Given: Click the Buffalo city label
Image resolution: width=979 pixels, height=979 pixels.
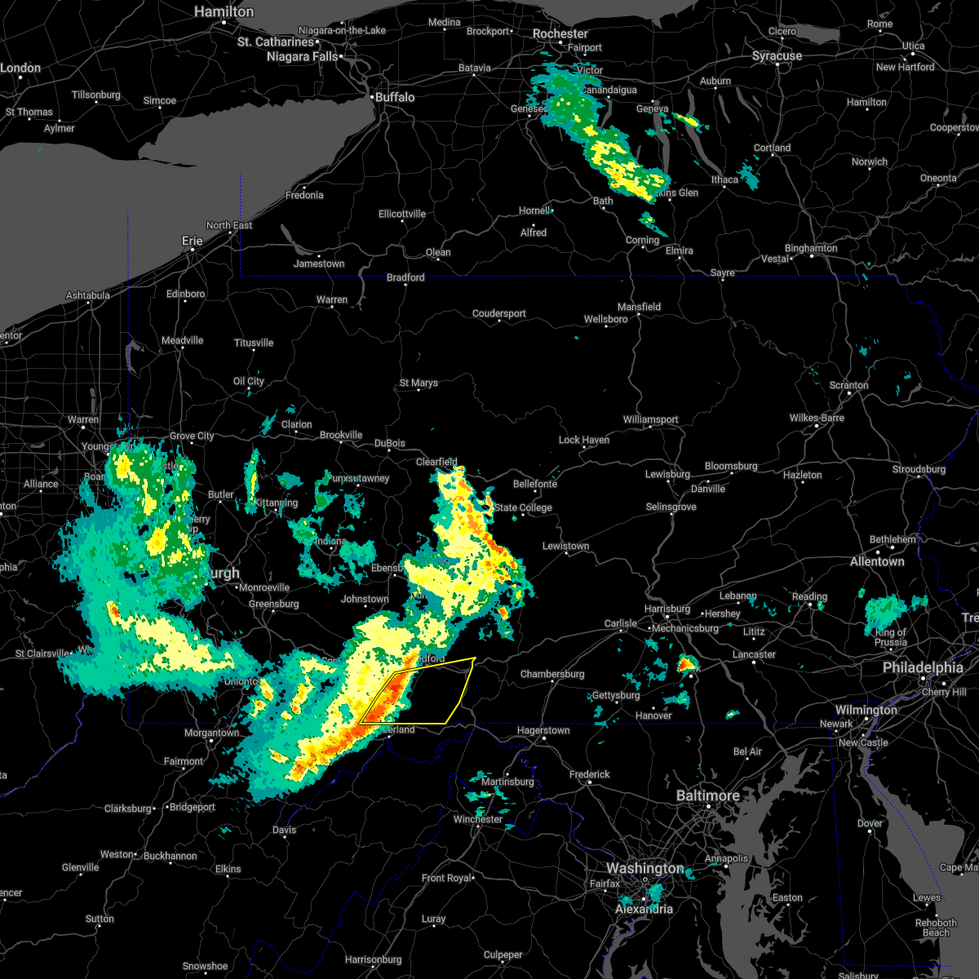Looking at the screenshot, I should pos(395,97).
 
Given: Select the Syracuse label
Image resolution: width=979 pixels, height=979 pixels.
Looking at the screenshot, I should pos(777,56).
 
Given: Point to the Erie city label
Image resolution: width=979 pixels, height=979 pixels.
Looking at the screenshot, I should pos(192,241).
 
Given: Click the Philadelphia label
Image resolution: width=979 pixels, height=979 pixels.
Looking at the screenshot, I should pos(923,667).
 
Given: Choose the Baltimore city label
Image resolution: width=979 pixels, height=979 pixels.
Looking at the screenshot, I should pos(707,795).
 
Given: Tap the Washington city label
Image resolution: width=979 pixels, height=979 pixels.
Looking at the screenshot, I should pos(645,869).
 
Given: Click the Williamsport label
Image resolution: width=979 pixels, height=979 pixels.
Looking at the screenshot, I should pos(650,419).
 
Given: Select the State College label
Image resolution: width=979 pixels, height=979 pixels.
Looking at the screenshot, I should pos(523,507).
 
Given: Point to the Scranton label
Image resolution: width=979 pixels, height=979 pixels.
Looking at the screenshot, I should pos(848,385).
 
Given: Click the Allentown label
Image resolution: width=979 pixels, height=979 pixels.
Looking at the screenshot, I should pos(877,561).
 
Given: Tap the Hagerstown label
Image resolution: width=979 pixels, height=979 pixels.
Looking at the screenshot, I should pos(543,730).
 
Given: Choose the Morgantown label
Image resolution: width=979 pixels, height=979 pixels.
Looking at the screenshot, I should pos(212,733).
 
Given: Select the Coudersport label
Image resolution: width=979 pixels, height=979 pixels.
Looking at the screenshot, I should pos(499,313).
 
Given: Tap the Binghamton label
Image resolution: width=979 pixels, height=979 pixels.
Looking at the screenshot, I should pos(811,248).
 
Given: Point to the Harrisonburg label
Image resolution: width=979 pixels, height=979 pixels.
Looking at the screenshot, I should pos(374,959).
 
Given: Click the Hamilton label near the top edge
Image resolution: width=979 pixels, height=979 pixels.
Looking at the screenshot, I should pos(224,11).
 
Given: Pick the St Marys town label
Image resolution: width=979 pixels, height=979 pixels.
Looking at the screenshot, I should pos(419,383).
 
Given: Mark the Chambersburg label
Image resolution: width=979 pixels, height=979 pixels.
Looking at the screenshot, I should pos(552,674).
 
